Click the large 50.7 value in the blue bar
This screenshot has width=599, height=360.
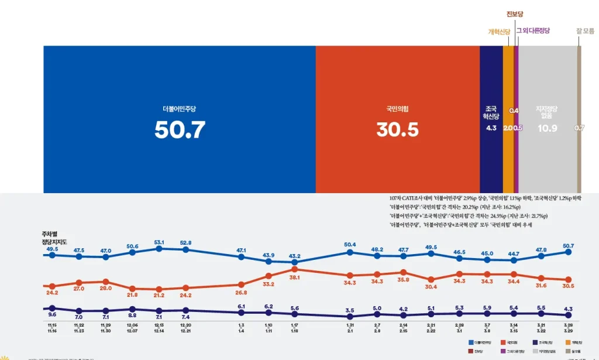[x=180, y=130]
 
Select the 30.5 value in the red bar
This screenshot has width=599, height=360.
[x=397, y=130]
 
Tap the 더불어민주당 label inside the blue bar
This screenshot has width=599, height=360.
[x=180, y=109]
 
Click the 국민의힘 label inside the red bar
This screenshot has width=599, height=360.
[x=397, y=109]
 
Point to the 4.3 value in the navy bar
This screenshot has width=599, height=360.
[x=491, y=128]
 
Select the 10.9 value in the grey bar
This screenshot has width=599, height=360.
[x=548, y=128]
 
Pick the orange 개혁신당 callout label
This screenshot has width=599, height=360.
[x=500, y=31]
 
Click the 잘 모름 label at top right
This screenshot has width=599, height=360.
[x=585, y=30]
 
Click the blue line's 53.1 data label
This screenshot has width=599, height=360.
[x=159, y=242]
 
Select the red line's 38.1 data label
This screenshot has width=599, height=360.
[x=294, y=277]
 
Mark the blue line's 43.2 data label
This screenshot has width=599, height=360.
[x=294, y=256]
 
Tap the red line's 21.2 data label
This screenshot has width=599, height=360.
[x=159, y=296]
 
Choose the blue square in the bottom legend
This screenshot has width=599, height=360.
[x=471, y=342]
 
